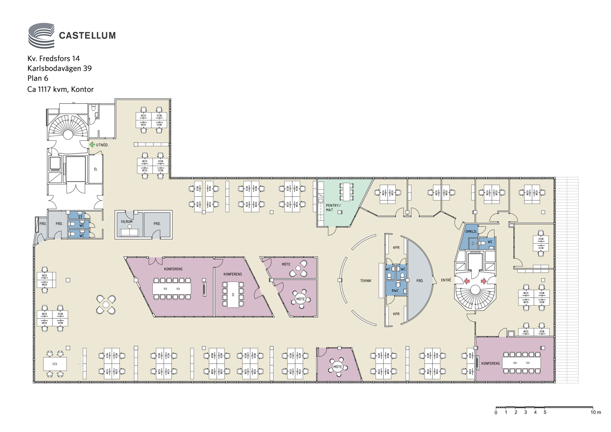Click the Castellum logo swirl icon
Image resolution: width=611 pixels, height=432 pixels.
[x=42, y=35]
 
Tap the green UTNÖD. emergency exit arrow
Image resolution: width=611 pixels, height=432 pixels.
[x=92, y=144]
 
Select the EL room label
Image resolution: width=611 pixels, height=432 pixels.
[x=96, y=169]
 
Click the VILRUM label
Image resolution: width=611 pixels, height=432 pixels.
[x=126, y=222]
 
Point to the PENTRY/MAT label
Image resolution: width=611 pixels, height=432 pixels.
[x=333, y=208]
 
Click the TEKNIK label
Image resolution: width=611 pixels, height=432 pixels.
[x=366, y=281]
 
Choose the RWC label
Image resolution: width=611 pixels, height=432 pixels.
[x=395, y=291]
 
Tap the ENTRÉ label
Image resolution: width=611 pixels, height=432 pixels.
[x=446, y=280]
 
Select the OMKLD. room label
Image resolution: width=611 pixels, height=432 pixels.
[x=471, y=232]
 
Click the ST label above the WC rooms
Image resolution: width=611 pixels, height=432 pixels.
[x=80, y=217]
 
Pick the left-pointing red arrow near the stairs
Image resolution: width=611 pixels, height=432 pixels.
[x=467, y=281]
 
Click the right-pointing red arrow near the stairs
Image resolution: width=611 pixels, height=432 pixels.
[x=484, y=281]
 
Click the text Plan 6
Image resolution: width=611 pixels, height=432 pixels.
[x=38, y=78]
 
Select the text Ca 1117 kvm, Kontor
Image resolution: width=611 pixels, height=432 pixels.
[x=60, y=89]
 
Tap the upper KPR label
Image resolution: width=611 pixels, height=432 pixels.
[x=396, y=248]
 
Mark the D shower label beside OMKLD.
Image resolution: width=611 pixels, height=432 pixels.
[x=473, y=244]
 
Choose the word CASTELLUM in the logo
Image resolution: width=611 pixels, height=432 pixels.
[x=87, y=36]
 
